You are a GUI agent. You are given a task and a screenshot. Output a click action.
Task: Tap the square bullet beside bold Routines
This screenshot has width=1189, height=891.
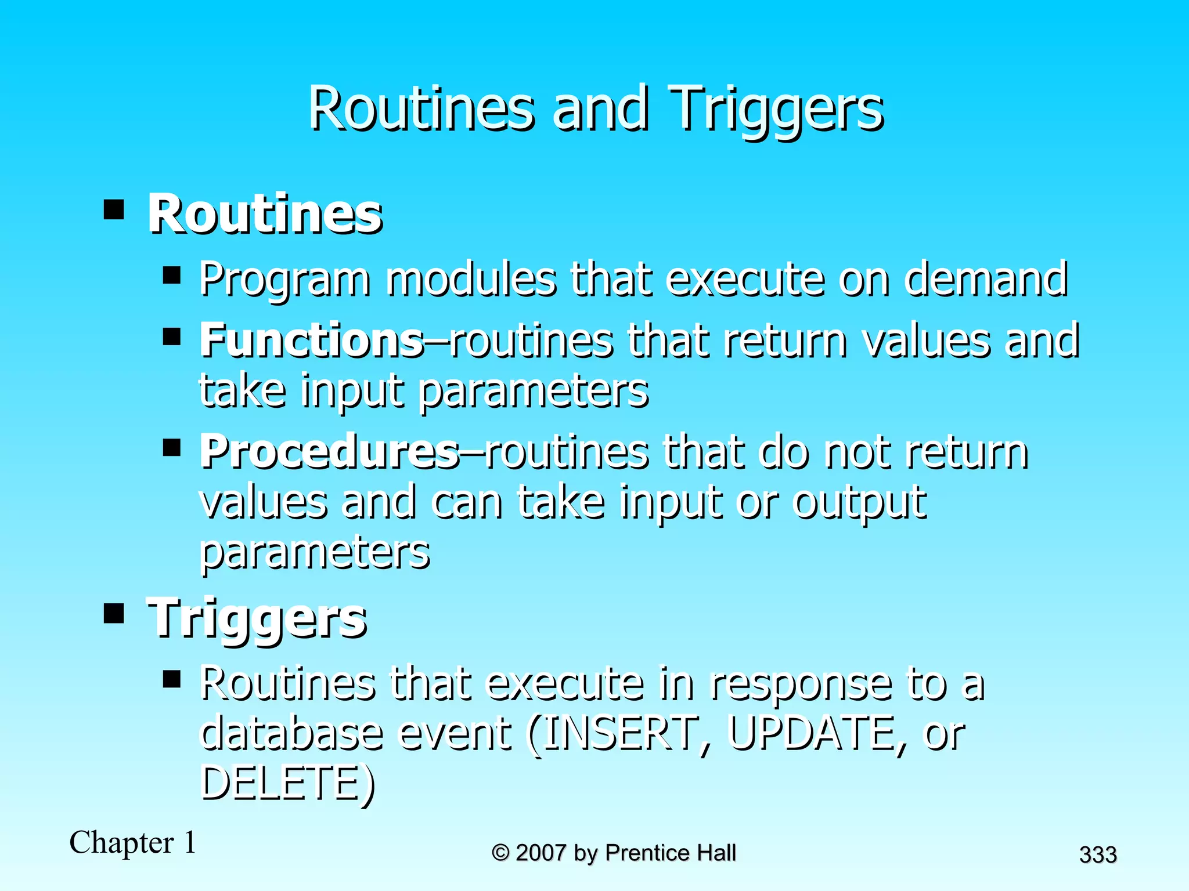(x=114, y=209)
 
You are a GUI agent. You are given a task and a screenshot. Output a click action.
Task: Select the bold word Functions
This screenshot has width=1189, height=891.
(x=312, y=340)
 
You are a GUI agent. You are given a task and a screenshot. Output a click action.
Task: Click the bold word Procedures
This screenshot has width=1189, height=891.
(x=330, y=452)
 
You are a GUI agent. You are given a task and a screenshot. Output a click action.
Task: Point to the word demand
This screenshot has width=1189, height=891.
(x=985, y=279)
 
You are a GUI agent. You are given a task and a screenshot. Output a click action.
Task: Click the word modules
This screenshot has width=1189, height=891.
(x=470, y=279)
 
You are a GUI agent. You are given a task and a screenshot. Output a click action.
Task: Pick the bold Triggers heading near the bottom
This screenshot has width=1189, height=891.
(x=257, y=618)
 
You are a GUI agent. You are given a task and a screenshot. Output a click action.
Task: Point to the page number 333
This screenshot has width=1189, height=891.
(x=1098, y=855)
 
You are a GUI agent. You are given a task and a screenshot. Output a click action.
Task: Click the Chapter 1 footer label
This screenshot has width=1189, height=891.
(x=133, y=843)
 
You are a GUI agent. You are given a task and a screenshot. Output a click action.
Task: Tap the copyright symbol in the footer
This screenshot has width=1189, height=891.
(x=500, y=853)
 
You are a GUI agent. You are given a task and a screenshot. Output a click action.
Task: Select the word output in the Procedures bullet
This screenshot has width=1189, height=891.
(x=859, y=502)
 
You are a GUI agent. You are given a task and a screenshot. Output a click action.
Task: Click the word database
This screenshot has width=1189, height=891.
(x=291, y=733)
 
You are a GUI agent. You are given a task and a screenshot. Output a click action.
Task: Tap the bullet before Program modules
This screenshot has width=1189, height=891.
(x=172, y=274)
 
